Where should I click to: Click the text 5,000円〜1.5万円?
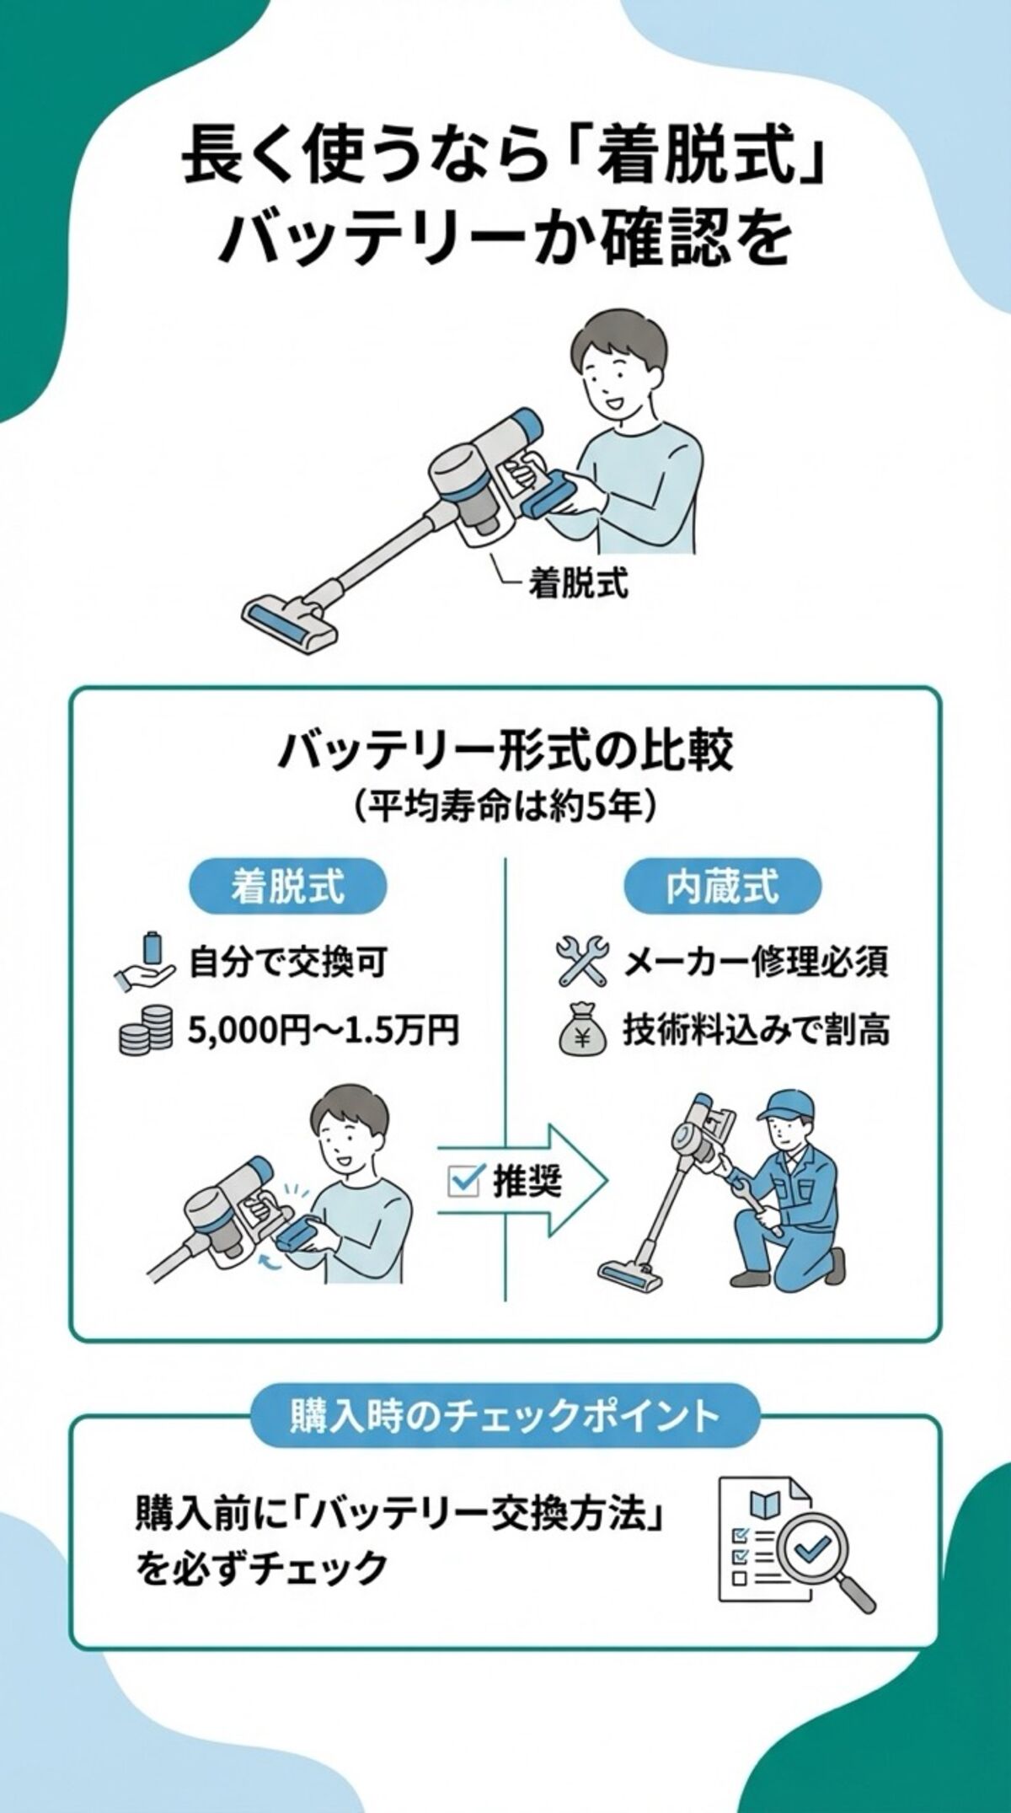pyautogui.click(x=323, y=1031)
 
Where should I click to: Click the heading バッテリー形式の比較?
pyautogui.click(x=505, y=752)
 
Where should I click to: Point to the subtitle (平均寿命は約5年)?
pyautogui.click(x=505, y=807)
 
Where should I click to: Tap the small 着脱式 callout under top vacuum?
pyautogui.click(x=578, y=583)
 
